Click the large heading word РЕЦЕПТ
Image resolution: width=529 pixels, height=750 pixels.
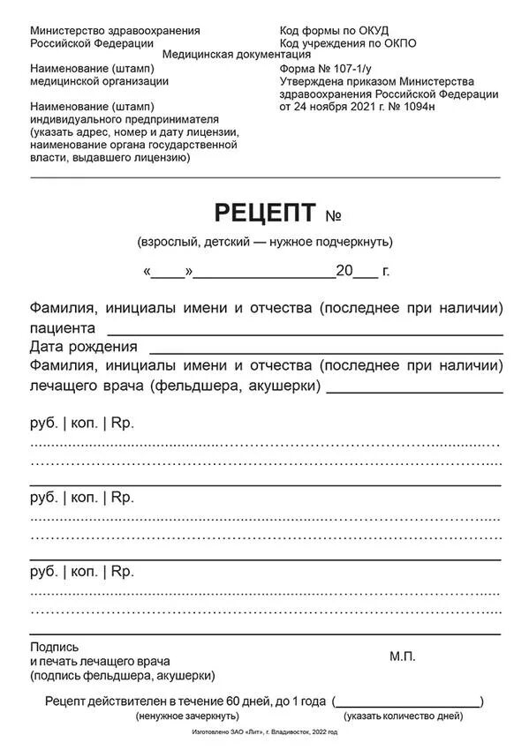(x=263, y=214)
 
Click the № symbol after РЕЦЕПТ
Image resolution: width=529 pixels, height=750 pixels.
(x=334, y=217)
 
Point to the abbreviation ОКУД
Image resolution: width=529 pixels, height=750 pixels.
(x=370, y=31)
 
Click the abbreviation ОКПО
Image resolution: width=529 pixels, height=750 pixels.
(x=397, y=43)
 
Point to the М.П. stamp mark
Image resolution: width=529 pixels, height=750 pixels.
(x=402, y=657)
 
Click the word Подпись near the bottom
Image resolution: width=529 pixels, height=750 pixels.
(x=54, y=647)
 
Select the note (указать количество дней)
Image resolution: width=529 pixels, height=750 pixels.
(x=404, y=716)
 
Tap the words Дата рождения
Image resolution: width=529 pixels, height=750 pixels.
(x=83, y=347)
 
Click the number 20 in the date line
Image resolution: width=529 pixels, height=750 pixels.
(x=344, y=271)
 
